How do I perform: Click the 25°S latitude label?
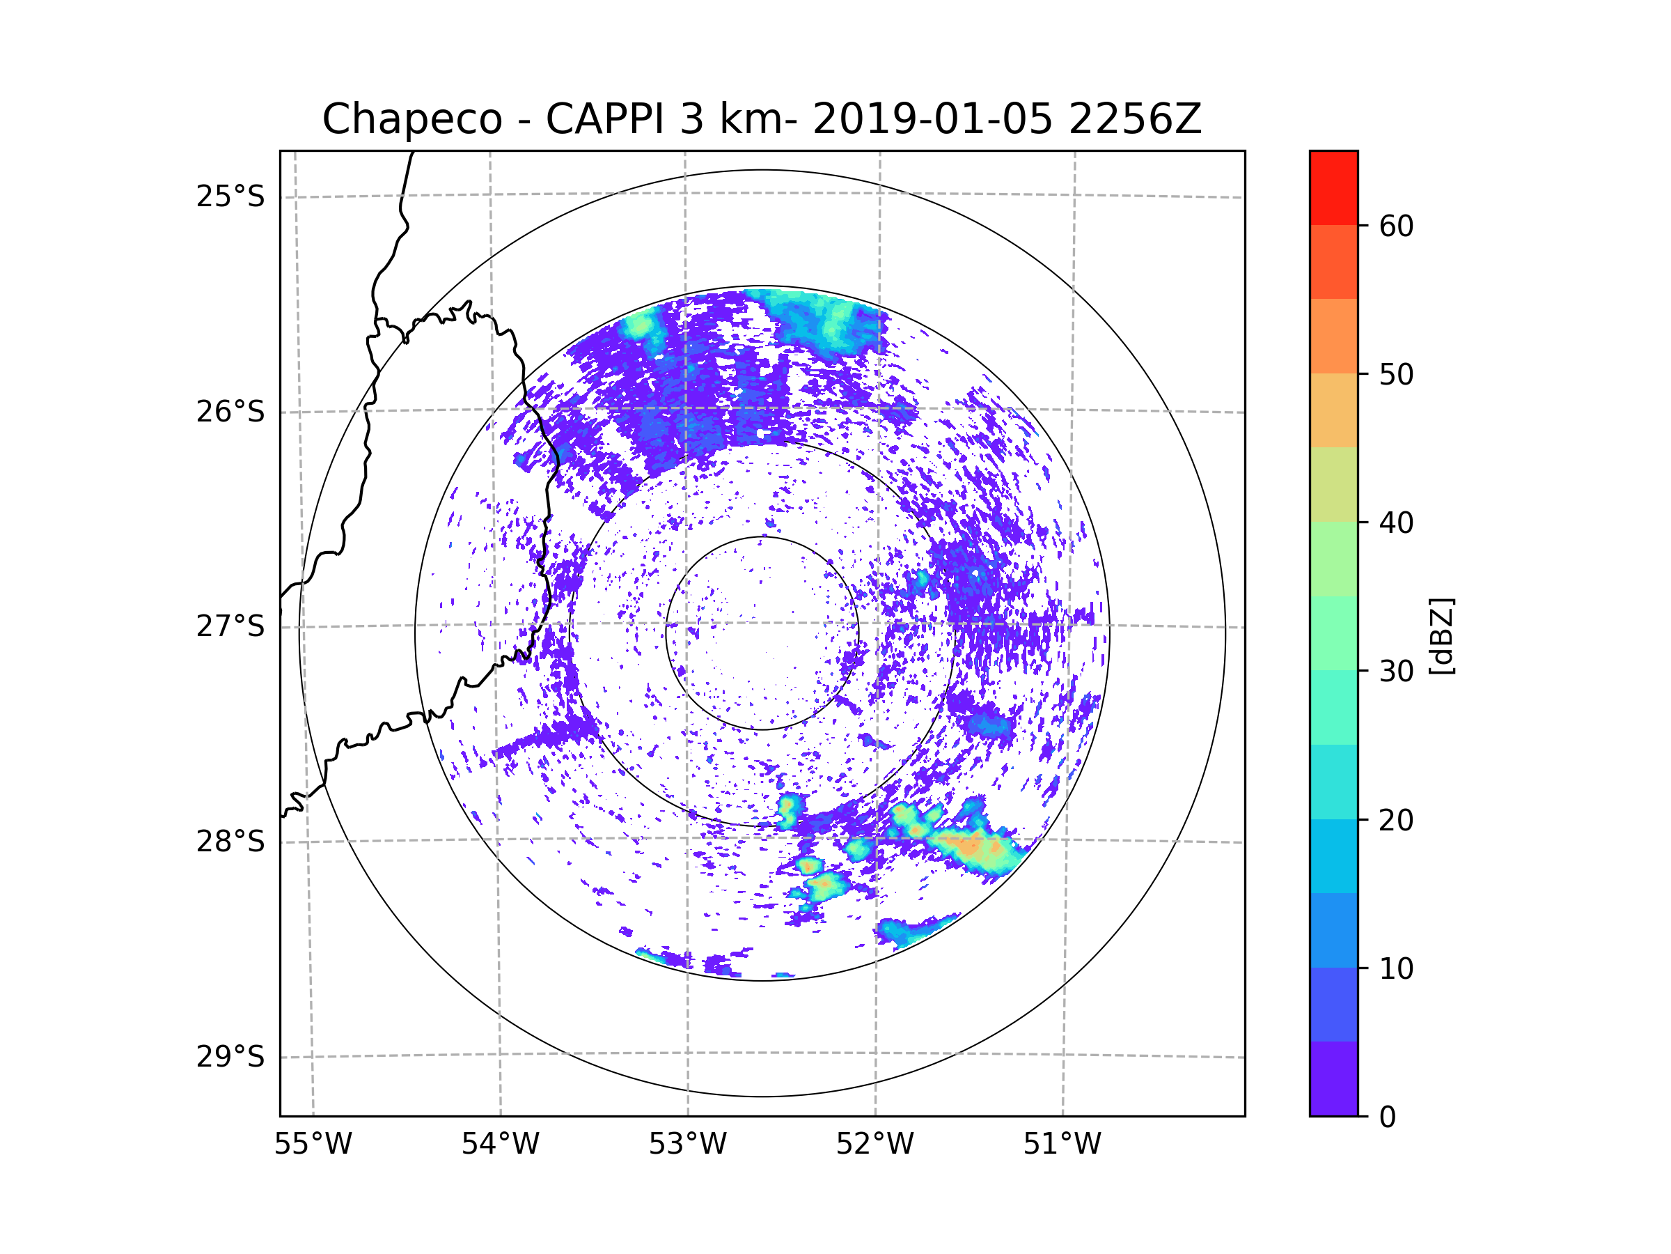230,196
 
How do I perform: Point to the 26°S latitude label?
230,412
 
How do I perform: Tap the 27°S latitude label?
230,626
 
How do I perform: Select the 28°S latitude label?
230,842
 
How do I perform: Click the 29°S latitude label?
230,1057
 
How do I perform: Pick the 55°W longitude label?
313,1145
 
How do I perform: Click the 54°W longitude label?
500,1145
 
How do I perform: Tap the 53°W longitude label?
687,1145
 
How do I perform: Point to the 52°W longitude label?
874,1145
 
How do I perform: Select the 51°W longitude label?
1062,1145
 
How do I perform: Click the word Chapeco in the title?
411,119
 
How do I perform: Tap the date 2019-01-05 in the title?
932,119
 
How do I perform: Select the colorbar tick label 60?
1396,226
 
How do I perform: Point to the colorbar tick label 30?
1396,671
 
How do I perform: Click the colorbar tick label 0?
1388,1117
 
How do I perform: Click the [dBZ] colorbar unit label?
1441,635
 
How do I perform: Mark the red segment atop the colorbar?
1333,187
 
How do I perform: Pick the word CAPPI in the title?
604,119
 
